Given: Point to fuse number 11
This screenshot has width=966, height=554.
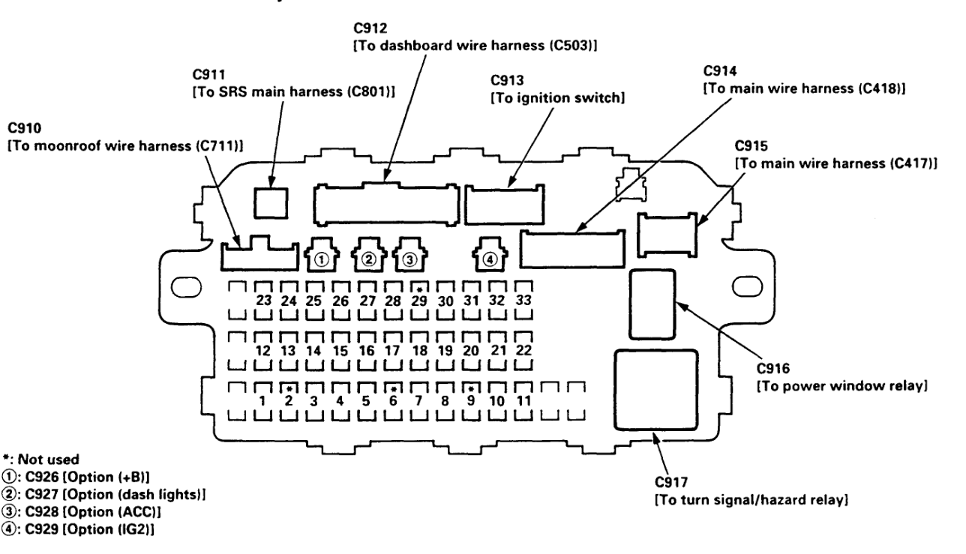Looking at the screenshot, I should pos(523,400).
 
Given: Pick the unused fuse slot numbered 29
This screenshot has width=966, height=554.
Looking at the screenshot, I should pos(419,298).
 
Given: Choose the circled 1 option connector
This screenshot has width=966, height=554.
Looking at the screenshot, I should pos(320,259).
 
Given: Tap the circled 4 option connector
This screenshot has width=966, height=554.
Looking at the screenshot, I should pos(489,259).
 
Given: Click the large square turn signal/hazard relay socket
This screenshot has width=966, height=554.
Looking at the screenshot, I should pos(649,390).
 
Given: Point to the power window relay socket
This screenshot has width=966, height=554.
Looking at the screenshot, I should pos(651,305).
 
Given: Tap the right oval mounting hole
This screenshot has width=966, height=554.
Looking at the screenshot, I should pos(747,286).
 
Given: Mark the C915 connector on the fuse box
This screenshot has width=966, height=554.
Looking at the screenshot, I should pos(666,233).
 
